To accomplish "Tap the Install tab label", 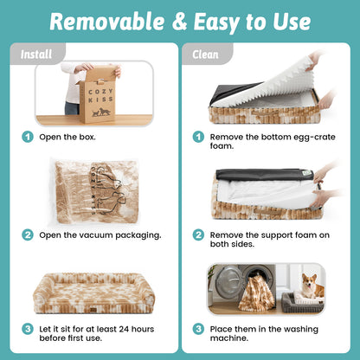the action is coord(36,55).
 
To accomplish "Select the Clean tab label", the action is coord(205,55).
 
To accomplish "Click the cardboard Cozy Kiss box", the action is coord(98,95).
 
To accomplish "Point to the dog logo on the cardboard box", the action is coord(101,112).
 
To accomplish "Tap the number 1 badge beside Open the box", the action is coord(28,137).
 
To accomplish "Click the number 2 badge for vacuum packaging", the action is coord(28,235).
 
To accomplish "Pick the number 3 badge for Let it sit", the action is coord(28,329).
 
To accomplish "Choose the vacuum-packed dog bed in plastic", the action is coord(94,191).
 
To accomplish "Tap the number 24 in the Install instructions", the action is coord(124,329).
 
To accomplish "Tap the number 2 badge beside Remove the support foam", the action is coord(198,235).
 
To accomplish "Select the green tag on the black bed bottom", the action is coord(307,173).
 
